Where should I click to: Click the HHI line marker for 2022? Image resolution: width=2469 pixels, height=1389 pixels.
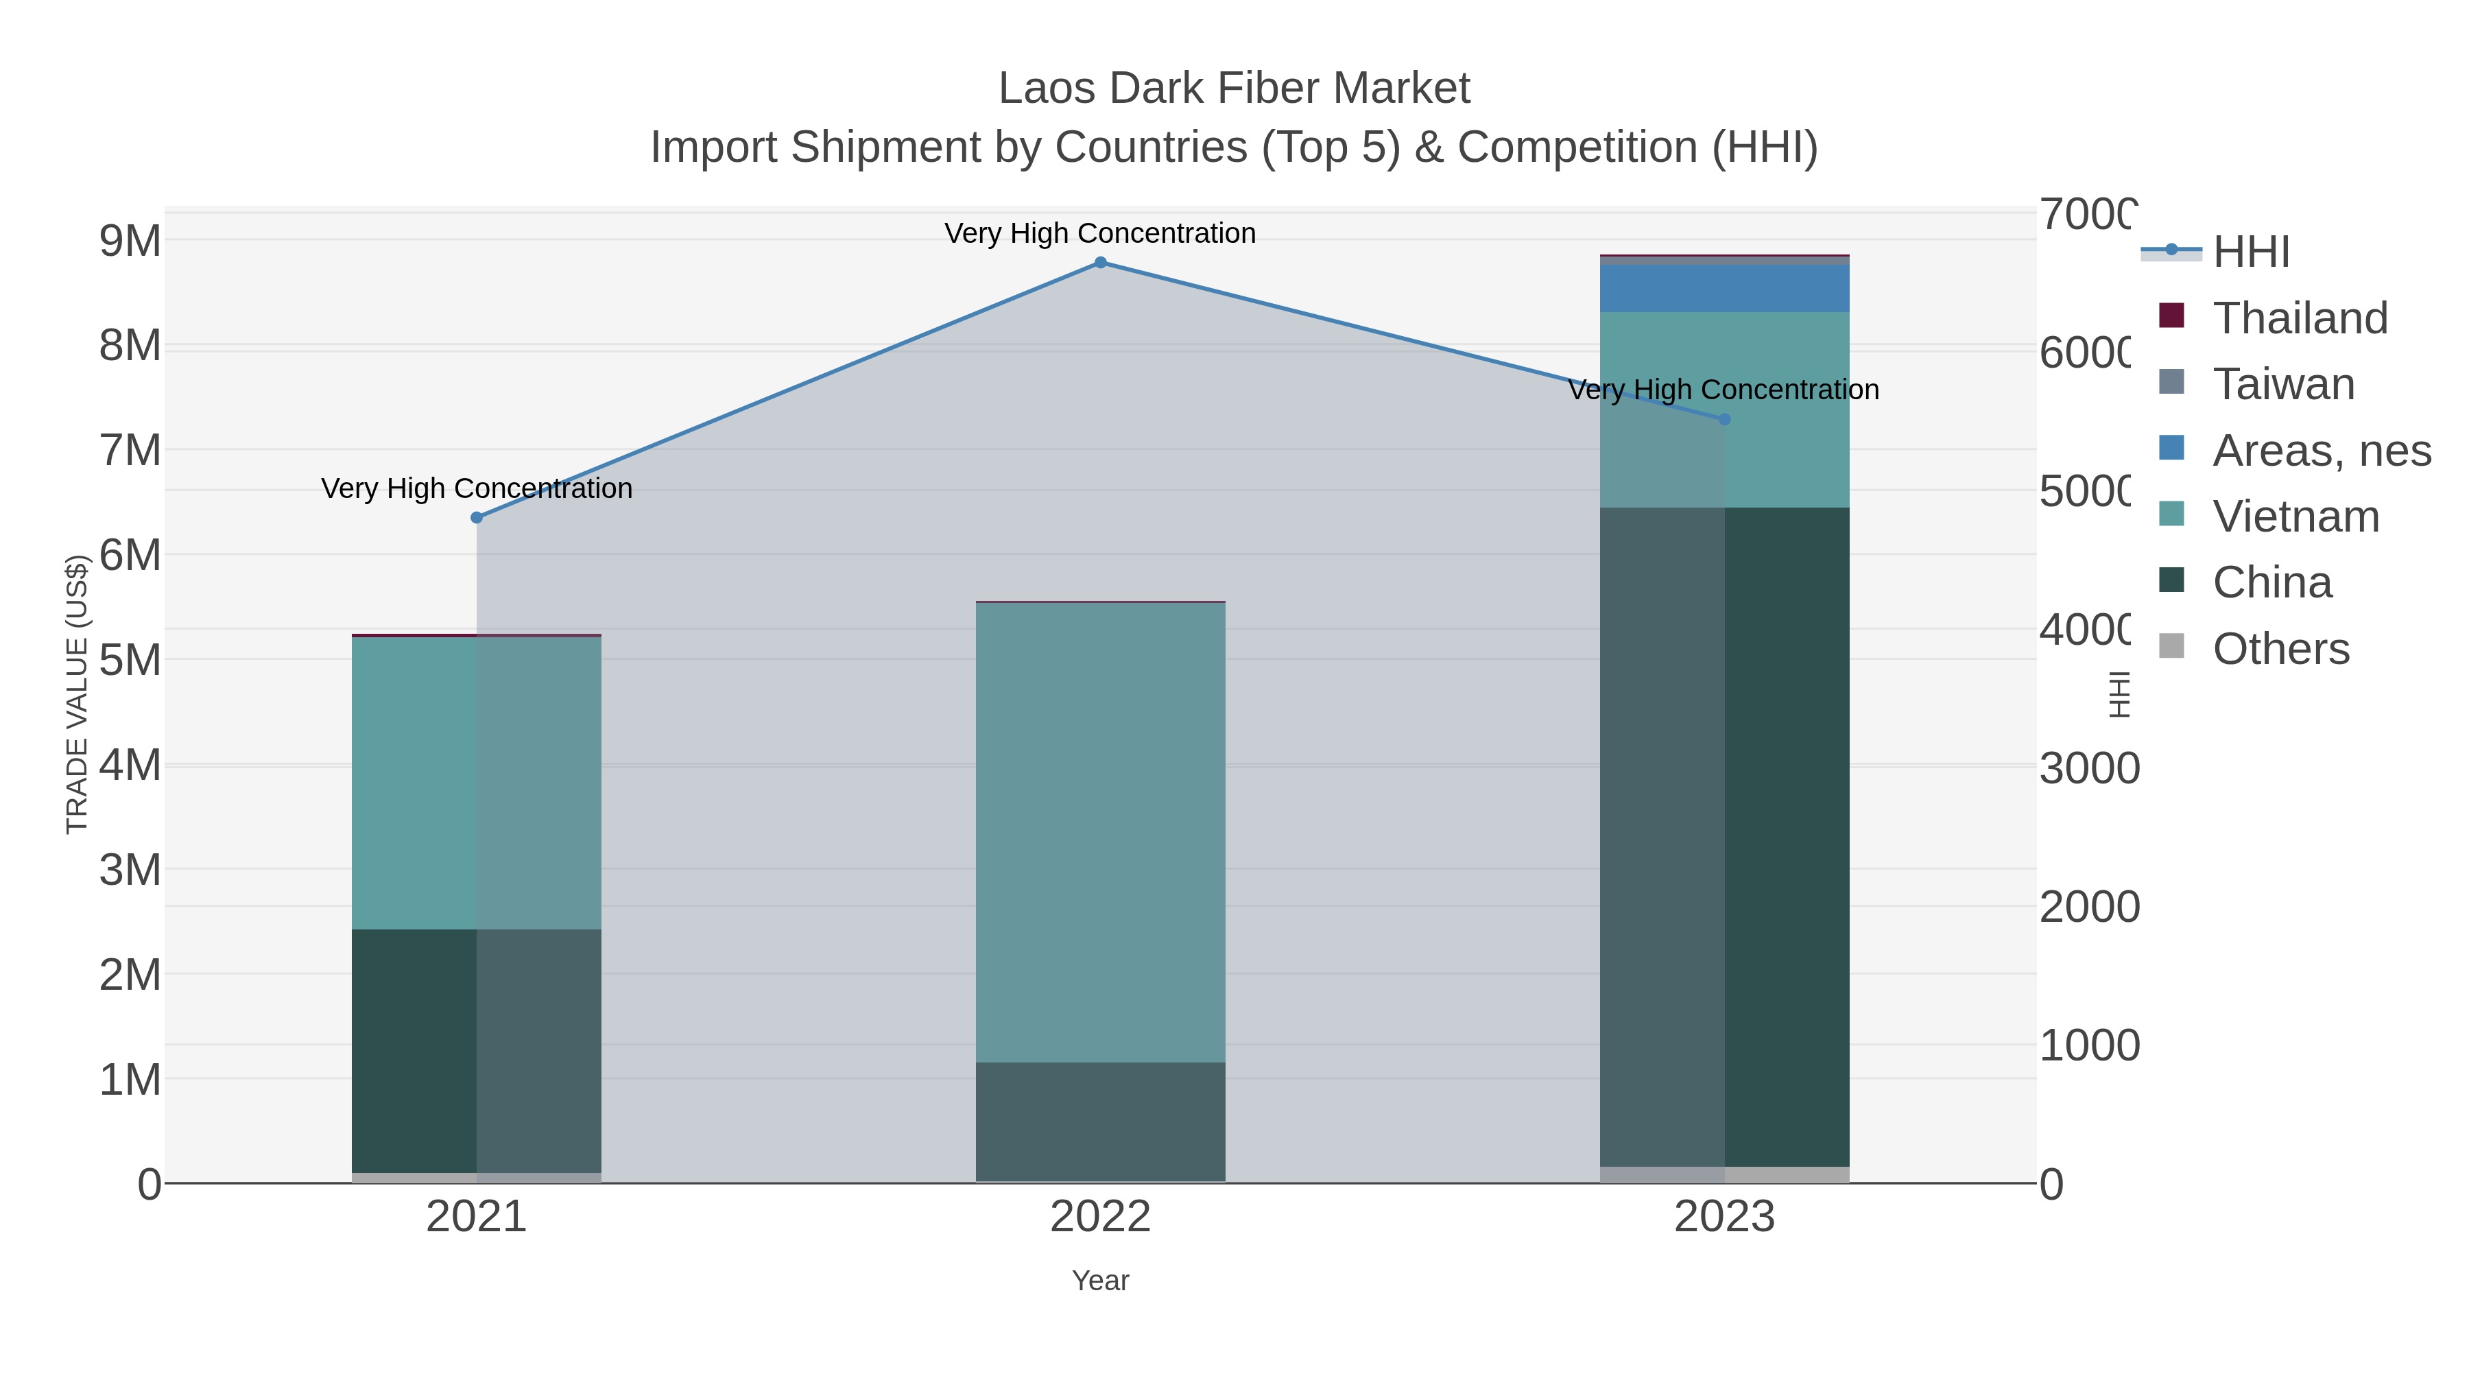[1100, 263]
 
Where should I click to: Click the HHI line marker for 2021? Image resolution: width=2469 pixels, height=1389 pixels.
[477, 518]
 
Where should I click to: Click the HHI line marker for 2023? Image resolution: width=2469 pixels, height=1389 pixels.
[1724, 419]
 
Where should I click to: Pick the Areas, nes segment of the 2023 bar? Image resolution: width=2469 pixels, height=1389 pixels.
[1724, 287]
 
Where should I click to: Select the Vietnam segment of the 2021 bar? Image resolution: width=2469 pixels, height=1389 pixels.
[477, 782]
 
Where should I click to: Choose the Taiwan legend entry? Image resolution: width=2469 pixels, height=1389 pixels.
[2283, 384]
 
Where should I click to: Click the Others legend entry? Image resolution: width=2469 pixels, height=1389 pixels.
[2280, 649]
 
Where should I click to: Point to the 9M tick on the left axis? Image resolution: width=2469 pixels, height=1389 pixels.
[130, 241]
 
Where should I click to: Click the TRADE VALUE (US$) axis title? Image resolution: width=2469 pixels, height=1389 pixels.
[77, 694]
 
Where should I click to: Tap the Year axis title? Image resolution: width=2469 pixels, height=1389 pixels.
[1100, 1281]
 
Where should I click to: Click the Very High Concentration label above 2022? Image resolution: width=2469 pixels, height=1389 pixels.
[1099, 233]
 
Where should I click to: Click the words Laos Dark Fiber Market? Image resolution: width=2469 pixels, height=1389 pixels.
[1234, 88]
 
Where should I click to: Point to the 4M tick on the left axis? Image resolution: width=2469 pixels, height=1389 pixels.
[130, 765]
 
